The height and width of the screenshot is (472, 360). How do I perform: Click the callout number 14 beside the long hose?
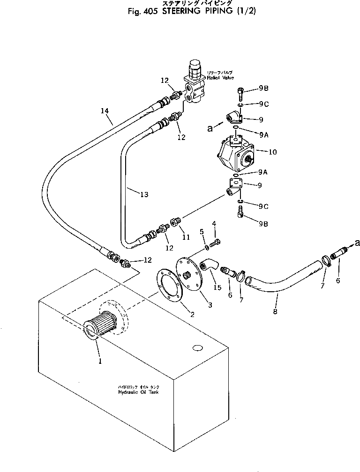(105, 111)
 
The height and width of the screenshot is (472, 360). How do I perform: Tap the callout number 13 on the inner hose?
(144, 193)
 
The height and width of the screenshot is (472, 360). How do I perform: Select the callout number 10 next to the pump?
(273, 151)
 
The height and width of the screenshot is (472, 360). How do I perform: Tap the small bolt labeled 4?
(216, 243)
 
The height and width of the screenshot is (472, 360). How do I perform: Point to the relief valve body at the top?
(193, 84)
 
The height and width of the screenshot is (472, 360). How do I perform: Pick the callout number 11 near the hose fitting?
(186, 237)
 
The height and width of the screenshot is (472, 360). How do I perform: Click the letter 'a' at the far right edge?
(358, 242)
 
